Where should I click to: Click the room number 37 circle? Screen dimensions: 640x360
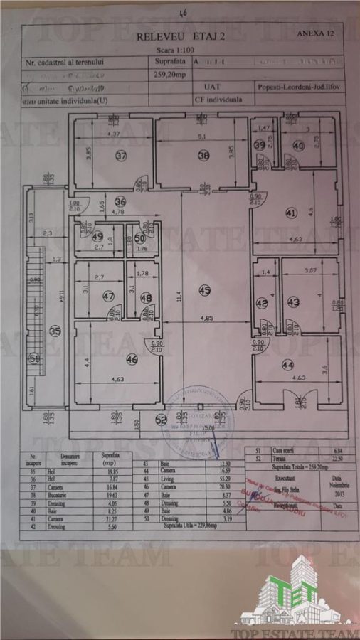[x=121, y=156]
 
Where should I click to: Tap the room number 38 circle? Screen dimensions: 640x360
[x=203, y=156]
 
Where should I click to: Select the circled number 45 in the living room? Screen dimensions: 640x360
[x=205, y=289]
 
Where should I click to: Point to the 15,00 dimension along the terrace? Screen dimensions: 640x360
[x=205, y=428]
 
